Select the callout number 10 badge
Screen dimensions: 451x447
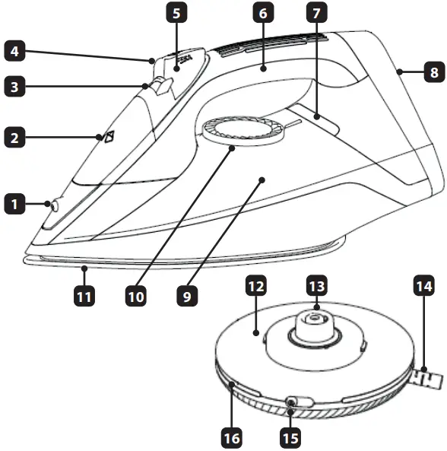pyautogui.click(x=136, y=295)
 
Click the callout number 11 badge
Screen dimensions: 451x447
pyautogui.click(x=84, y=295)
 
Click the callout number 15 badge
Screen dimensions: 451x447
pyautogui.click(x=290, y=437)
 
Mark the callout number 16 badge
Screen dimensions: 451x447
pyautogui.click(x=230, y=437)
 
